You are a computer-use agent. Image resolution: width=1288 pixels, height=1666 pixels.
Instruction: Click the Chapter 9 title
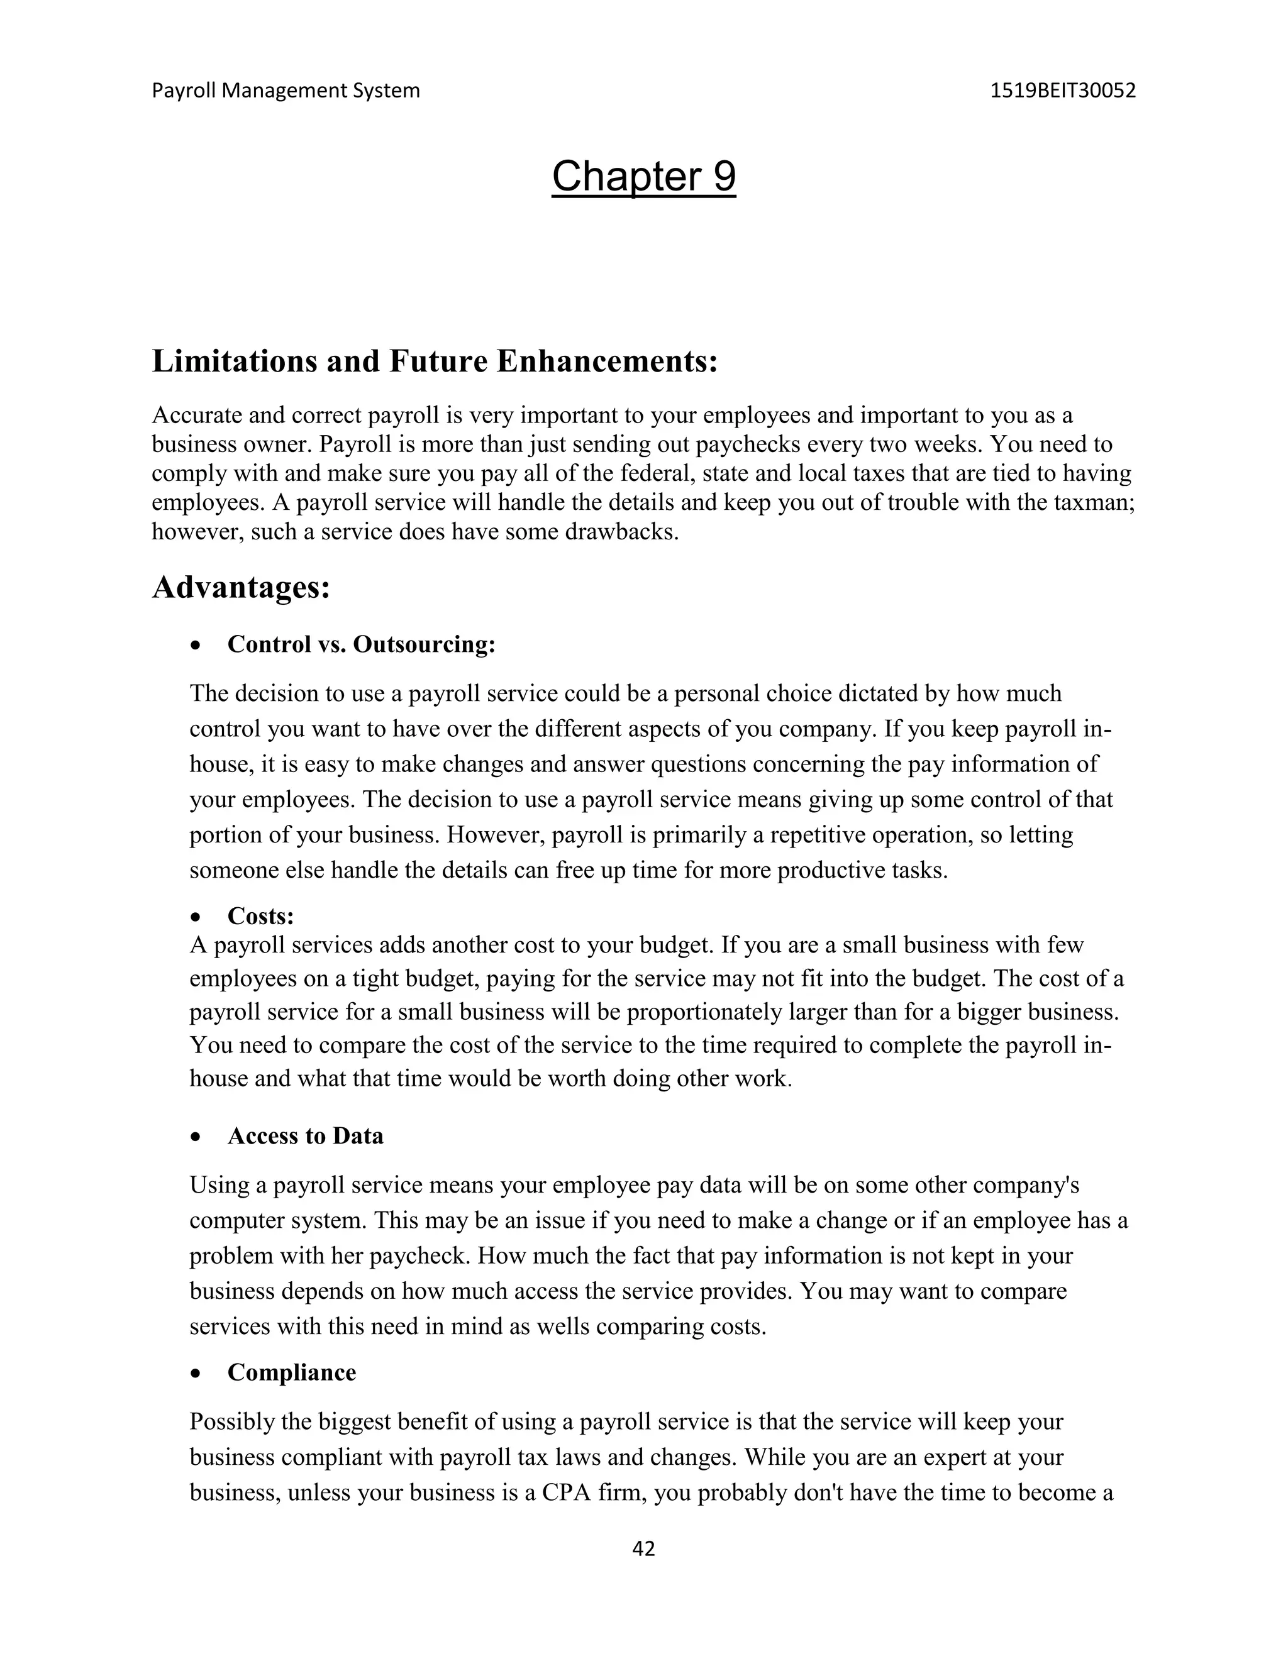(643, 177)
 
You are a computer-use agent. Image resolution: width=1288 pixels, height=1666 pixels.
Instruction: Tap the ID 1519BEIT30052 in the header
(1062, 91)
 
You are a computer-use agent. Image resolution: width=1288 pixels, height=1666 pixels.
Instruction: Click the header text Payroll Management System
(286, 91)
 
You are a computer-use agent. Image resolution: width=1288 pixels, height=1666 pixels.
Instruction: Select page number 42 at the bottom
(643, 1548)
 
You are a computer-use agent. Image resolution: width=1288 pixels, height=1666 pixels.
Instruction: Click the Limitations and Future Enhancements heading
(435, 361)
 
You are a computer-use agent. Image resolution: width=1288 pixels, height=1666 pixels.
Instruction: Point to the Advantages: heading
(241, 587)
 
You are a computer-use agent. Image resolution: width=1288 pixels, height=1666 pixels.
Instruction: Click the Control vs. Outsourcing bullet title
(362, 644)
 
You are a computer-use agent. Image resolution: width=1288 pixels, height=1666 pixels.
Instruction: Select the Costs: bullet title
(260, 915)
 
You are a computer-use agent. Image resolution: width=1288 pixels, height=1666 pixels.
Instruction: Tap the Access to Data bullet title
(305, 1136)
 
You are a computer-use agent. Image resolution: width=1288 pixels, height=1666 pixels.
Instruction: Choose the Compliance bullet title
(291, 1372)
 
